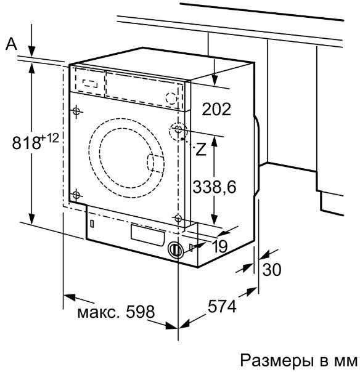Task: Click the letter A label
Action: pyautogui.click(x=11, y=44)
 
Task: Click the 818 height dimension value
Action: pyautogui.click(x=26, y=143)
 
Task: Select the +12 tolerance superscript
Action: pyautogui.click(x=50, y=137)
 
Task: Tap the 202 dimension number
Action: pyautogui.click(x=216, y=109)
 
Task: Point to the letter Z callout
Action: pyautogui.click(x=201, y=149)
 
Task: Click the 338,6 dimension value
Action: pyautogui.click(x=215, y=187)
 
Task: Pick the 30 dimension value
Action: pyautogui.click(x=272, y=269)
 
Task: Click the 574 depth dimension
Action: pyautogui.click(x=222, y=306)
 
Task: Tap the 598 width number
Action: pyautogui.click(x=141, y=311)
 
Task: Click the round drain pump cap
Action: pyautogui.click(x=176, y=249)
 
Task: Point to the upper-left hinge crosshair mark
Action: pyautogui.click(x=76, y=111)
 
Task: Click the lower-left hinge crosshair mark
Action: pyautogui.click(x=76, y=195)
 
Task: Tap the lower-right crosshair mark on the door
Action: pyautogui.click(x=178, y=217)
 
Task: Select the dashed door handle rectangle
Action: pyautogui.click(x=155, y=163)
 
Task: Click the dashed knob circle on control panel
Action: pyautogui.click(x=171, y=97)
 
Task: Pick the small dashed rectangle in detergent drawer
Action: pyautogui.click(x=90, y=84)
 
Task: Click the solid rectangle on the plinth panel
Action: pyautogui.click(x=147, y=234)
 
